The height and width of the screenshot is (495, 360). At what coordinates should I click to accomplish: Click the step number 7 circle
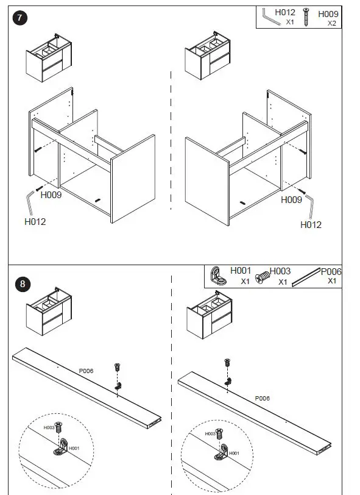click(19, 18)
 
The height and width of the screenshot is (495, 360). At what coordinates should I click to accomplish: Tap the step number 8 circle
click(22, 284)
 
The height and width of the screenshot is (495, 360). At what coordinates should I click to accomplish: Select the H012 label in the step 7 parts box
click(285, 12)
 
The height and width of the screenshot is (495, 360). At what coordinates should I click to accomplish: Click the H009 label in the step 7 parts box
click(328, 14)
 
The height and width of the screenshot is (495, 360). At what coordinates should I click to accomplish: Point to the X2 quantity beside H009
click(332, 23)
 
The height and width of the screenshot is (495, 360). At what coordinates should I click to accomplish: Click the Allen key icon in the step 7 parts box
click(270, 17)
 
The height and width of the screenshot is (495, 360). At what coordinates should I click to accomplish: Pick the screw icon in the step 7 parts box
click(306, 17)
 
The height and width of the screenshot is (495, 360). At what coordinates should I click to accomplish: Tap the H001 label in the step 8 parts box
click(241, 271)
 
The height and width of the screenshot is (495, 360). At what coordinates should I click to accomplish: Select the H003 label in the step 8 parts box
click(280, 271)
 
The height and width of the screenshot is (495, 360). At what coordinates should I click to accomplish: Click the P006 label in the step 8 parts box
click(331, 271)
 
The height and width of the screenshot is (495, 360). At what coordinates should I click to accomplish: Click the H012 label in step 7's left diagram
click(35, 222)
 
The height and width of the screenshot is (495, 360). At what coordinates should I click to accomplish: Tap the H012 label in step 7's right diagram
click(311, 225)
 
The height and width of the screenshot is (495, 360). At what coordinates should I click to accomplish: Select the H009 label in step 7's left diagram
click(51, 195)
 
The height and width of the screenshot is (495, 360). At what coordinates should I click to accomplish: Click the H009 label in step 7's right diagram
click(291, 199)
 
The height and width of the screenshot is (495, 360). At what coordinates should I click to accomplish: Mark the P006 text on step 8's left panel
click(86, 371)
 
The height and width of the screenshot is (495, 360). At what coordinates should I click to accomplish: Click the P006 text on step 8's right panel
click(262, 399)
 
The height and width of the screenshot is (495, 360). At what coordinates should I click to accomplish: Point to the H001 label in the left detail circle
click(74, 448)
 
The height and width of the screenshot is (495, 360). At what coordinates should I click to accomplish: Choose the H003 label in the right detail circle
click(210, 434)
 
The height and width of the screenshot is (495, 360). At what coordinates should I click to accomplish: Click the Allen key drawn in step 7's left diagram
click(29, 202)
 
